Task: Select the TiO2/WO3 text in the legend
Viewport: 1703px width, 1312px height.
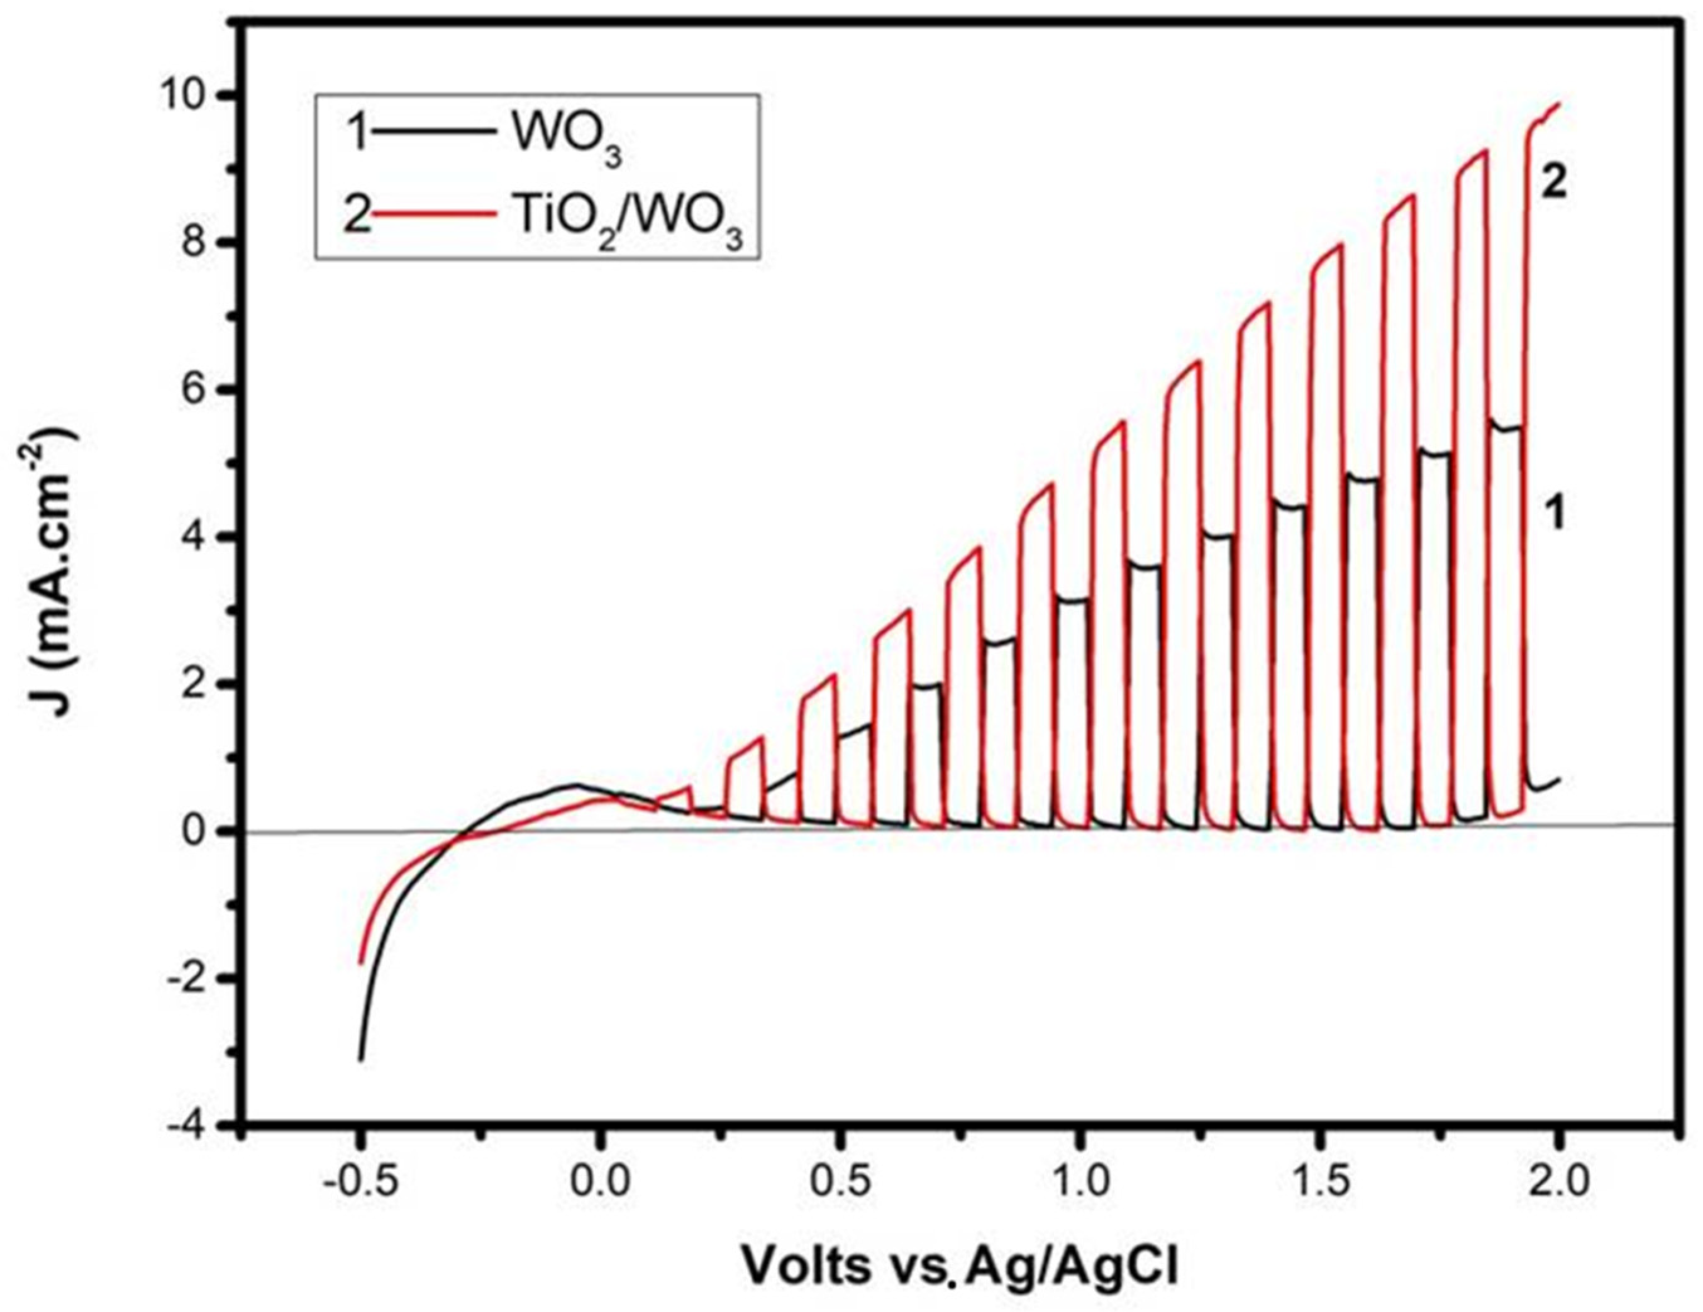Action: [x=630, y=221]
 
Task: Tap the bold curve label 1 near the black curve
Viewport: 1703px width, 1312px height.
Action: [x=1555, y=516]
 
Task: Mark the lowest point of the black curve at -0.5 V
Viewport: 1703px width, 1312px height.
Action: [x=360, y=1059]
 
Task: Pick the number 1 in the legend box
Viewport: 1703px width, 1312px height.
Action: [x=357, y=135]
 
